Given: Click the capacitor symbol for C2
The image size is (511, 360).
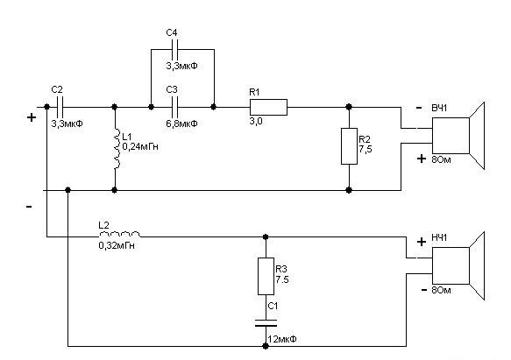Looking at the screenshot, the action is tap(60, 107).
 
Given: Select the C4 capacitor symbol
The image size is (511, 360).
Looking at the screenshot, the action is tap(175, 50).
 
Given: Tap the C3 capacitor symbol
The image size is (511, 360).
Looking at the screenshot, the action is tap(175, 107).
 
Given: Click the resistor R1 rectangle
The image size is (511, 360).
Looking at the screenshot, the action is tap(268, 107).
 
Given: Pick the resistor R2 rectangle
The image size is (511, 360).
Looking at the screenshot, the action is tap(349, 146).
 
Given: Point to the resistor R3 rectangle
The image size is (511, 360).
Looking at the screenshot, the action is tap(266, 276).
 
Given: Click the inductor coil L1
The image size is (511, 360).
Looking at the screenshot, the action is tap(116, 148).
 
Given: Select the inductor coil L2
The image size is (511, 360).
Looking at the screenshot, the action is tap(119, 235).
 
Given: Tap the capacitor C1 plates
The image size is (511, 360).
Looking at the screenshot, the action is tap(266, 323).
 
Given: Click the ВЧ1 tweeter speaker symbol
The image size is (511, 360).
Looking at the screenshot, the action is tap(458, 136).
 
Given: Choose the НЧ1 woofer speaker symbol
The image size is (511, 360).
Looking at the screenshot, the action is tap(458, 265).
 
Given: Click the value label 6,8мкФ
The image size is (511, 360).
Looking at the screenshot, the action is tap(181, 124).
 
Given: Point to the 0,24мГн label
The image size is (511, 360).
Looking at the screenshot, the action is tap(140, 147).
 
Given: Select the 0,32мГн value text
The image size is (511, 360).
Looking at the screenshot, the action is tap(117, 245).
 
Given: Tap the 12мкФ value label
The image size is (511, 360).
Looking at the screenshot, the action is tap(282, 339).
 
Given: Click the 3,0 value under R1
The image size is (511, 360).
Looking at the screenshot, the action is tap(256, 122).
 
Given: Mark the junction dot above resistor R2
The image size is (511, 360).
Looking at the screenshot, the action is tap(349, 107).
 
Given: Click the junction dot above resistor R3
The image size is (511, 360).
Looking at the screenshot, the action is tap(266, 236).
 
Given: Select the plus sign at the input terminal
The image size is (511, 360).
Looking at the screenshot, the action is tap(32, 117).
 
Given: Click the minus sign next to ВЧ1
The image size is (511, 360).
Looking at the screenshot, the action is tap(419, 108).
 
